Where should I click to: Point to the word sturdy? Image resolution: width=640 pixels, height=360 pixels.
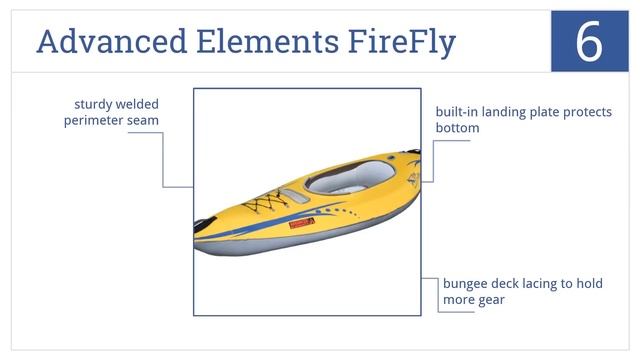94,104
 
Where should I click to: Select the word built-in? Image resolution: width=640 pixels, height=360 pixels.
454,112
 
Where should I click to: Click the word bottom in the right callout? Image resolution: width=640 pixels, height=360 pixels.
457,128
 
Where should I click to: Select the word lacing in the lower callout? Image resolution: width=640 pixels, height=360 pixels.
542,283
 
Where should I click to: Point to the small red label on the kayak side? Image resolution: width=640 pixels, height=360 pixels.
297,226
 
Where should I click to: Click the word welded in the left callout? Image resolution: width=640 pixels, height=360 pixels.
138,104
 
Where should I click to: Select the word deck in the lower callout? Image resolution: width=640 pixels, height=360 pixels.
506,283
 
